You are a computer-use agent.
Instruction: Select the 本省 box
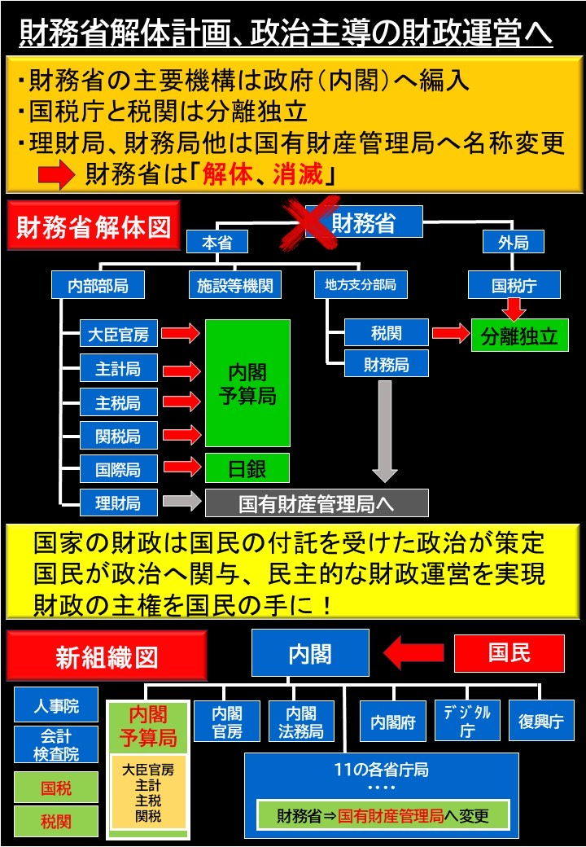[x=217, y=242]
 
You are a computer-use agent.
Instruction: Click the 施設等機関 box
[x=234, y=285]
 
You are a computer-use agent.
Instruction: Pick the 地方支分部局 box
[x=360, y=285]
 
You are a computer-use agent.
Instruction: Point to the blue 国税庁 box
[x=514, y=285]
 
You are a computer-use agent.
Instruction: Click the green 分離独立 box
[x=519, y=336]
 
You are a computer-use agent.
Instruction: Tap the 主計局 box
[x=118, y=368]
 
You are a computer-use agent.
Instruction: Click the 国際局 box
[x=118, y=469]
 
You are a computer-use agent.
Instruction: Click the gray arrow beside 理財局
[x=181, y=502]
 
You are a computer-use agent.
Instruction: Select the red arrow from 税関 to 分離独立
[x=450, y=333]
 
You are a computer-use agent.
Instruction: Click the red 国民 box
[x=509, y=653]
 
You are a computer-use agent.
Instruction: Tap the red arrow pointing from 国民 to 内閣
[x=413, y=652]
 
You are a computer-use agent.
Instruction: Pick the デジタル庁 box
[x=467, y=721]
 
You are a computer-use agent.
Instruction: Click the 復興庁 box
[x=541, y=721]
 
